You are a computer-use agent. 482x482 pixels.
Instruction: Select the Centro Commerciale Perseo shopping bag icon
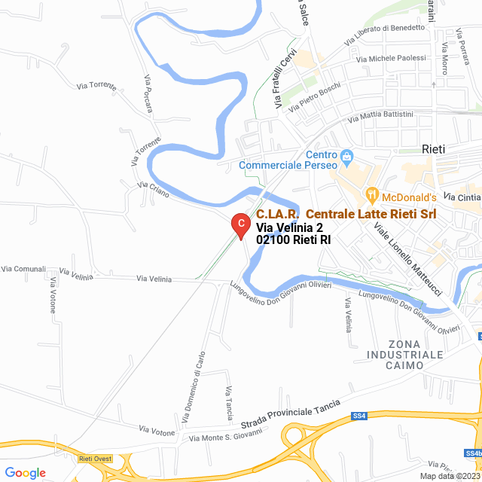click(x=346, y=158)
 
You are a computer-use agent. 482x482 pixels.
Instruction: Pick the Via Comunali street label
click(x=23, y=269)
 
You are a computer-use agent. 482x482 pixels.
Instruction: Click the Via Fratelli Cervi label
click(x=287, y=79)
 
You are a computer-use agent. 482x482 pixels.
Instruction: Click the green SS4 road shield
click(x=359, y=416)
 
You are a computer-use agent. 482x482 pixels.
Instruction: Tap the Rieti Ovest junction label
click(x=94, y=458)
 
